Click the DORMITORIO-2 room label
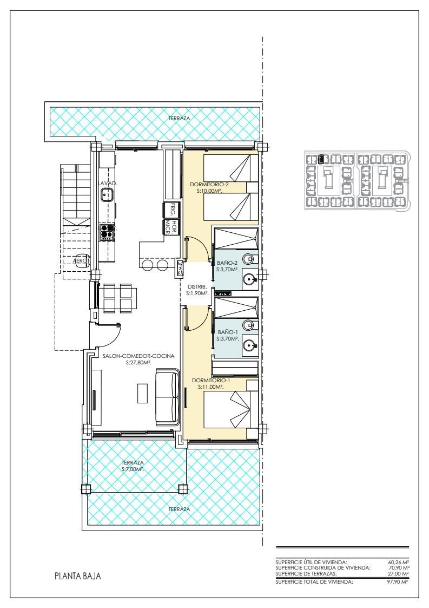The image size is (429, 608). (x=209, y=185)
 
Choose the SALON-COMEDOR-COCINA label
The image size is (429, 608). (x=138, y=356)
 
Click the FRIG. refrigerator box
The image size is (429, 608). (x=170, y=210)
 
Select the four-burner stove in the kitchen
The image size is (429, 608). (x=107, y=233)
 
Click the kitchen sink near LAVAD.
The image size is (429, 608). (x=107, y=193)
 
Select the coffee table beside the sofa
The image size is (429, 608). (x=143, y=393)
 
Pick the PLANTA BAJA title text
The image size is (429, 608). (x=78, y=576)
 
